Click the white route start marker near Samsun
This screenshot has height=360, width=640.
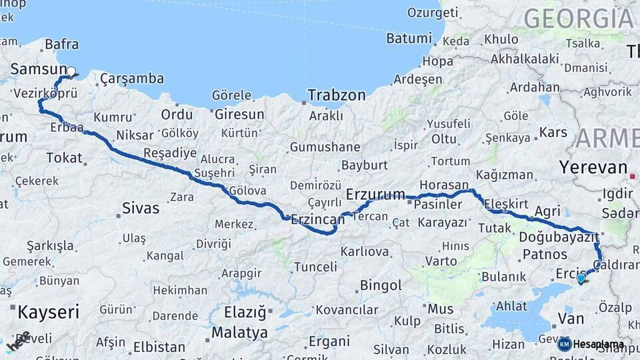(71, 71)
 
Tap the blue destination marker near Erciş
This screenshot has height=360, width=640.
(581, 278)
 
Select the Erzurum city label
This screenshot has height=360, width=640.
(375, 195)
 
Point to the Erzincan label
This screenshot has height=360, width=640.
(318, 219)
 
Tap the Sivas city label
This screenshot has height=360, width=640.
(141, 208)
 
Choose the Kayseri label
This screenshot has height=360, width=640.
(48, 311)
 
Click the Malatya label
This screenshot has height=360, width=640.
(239, 332)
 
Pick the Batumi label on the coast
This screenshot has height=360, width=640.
(409, 39)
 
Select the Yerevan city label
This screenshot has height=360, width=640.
(593, 167)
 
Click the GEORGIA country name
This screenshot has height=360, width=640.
(578, 18)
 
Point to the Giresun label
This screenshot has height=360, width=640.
(239, 115)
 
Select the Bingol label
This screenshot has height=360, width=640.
(381, 285)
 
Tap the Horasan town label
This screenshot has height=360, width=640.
(444, 185)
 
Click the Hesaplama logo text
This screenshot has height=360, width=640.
(598, 344)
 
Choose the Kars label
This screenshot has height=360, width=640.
(553, 132)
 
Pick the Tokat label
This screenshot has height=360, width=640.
(64, 158)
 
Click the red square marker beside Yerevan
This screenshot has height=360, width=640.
(632, 177)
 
